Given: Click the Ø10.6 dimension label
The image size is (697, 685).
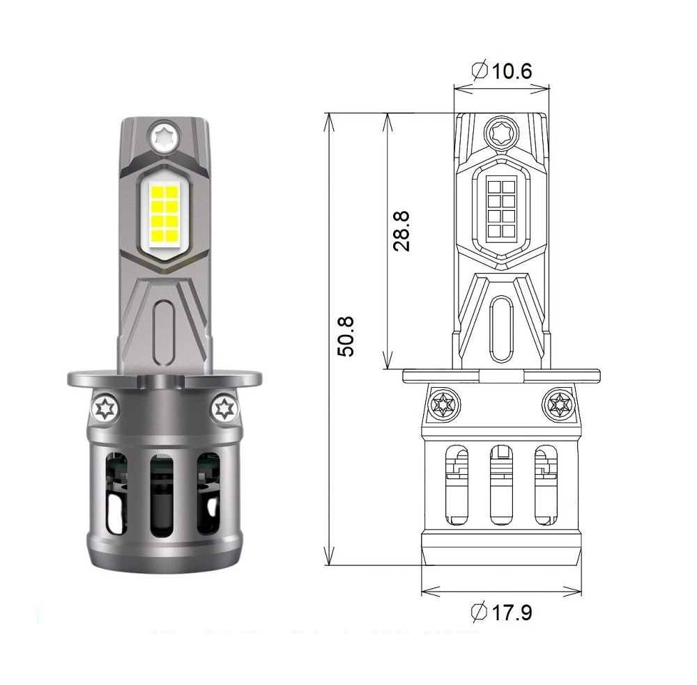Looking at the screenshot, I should (502, 71).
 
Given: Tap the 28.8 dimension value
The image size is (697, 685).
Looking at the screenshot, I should (401, 232).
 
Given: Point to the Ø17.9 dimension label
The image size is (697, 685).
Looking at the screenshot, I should (502, 613).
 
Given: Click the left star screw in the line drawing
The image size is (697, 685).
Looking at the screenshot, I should (443, 403).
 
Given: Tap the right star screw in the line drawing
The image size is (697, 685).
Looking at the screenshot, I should (559, 403).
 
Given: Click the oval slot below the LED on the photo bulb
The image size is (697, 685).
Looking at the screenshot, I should (163, 322).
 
